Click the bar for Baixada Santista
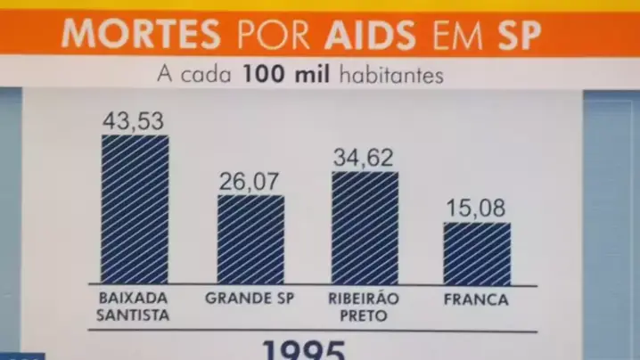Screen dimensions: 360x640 135,209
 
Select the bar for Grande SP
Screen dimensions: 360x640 250,239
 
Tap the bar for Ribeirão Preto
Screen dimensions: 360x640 365,227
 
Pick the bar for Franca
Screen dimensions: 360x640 477,253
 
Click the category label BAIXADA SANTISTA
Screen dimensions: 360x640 134,307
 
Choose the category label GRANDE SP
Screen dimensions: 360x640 250,299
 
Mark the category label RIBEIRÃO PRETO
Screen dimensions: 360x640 364,307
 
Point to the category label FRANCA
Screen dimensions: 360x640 476,299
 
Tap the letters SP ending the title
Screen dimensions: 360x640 513,34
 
